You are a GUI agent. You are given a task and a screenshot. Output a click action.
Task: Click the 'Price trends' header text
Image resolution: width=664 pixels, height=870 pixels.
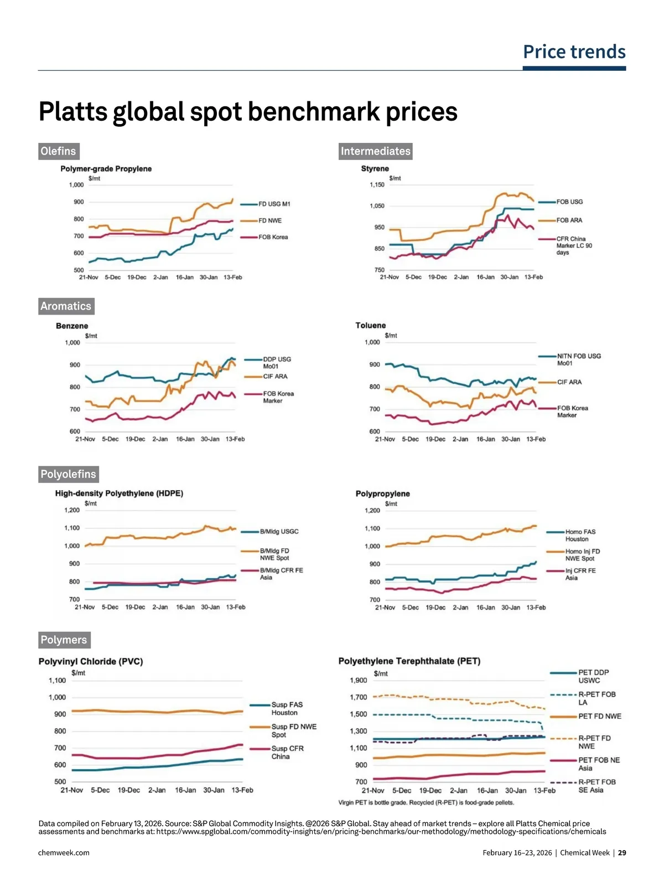tap(574, 52)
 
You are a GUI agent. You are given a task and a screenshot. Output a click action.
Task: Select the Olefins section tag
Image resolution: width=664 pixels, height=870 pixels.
tap(58, 151)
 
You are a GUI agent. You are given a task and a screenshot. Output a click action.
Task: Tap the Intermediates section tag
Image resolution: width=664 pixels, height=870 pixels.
tap(375, 151)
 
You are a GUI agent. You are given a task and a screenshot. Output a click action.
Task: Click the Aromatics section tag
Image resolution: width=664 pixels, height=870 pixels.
tap(66, 306)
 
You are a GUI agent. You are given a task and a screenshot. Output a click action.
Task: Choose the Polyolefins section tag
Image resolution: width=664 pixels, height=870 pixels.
tap(68, 474)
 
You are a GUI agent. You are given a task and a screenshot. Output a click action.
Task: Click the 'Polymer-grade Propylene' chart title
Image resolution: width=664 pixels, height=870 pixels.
tap(106, 169)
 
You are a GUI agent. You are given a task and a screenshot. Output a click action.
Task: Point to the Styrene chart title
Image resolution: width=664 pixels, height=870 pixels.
tap(375, 168)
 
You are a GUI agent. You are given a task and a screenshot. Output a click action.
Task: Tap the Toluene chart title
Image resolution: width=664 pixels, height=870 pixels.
tap(370, 326)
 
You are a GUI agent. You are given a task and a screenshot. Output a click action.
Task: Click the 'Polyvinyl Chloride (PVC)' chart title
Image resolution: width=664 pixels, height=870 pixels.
tap(91, 661)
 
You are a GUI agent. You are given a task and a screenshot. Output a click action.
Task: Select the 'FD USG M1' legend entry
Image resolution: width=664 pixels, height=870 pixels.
tap(274, 204)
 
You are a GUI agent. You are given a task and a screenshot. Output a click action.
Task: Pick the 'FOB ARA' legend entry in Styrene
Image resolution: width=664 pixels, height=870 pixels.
tap(569, 220)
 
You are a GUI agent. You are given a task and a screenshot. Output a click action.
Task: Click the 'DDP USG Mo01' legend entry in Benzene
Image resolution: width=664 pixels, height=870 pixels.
tap(277, 363)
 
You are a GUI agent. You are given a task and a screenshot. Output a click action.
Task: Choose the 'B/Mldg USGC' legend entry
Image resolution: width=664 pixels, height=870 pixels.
tap(279, 532)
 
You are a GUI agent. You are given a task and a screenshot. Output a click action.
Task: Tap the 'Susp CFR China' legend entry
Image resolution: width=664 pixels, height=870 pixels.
tap(287, 753)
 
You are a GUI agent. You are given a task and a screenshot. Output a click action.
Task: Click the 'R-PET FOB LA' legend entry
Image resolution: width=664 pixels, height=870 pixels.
tap(596, 698)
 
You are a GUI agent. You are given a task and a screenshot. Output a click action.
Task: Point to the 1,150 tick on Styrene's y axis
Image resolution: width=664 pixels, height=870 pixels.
tap(377, 185)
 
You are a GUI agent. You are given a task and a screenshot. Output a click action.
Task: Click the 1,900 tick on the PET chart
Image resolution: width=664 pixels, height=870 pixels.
tap(358, 680)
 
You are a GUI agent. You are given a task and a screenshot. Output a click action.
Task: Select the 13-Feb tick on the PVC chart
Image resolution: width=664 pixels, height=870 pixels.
tap(242, 790)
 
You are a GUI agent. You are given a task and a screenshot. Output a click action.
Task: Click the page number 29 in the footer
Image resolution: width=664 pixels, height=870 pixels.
tap(622, 853)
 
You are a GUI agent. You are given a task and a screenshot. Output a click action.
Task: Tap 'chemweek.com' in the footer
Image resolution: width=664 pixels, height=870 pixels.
tap(64, 853)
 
